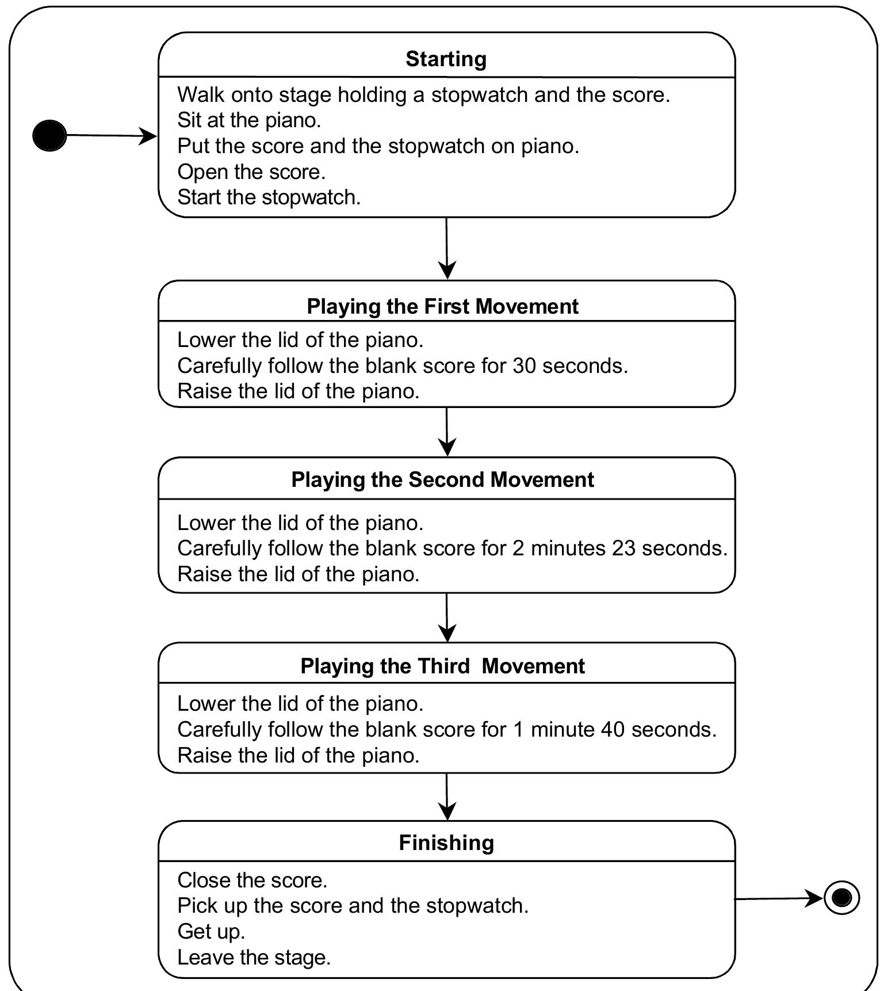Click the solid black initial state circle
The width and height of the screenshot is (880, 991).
pyautogui.click(x=49, y=136)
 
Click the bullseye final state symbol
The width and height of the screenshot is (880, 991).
pyautogui.click(x=841, y=897)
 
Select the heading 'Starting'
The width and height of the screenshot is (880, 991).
pyautogui.click(x=446, y=59)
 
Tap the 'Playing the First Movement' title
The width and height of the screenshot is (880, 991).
pyautogui.click(x=442, y=306)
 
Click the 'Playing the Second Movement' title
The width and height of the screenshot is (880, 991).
pyautogui.click(x=442, y=479)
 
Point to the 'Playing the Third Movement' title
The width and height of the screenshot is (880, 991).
pyautogui.click(x=442, y=666)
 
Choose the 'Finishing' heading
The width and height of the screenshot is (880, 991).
pyautogui.click(x=446, y=843)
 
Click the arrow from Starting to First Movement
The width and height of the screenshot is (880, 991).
pyautogui.click(x=447, y=249)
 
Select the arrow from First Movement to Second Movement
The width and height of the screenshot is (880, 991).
pyautogui.click(x=447, y=432)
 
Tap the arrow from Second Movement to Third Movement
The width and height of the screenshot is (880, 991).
pyautogui.click(x=447, y=618)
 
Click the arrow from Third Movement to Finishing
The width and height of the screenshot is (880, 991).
pyautogui.click(x=447, y=796)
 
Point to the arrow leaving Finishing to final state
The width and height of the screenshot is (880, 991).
pyautogui.click(x=779, y=898)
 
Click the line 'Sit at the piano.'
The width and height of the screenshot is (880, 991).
pyautogui.click(x=249, y=120)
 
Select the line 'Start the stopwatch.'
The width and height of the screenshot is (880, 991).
pyautogui.click(x=269, y=197)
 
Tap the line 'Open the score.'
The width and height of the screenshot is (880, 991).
pyautogui.click(x=251, y=171)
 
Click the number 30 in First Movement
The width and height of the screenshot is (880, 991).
pyautogui.click(x=524, y=365)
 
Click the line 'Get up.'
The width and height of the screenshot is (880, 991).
pyautogui.click(x=211, y=931)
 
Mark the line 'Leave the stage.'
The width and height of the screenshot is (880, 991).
pyautogui.click(x=254, y=957)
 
